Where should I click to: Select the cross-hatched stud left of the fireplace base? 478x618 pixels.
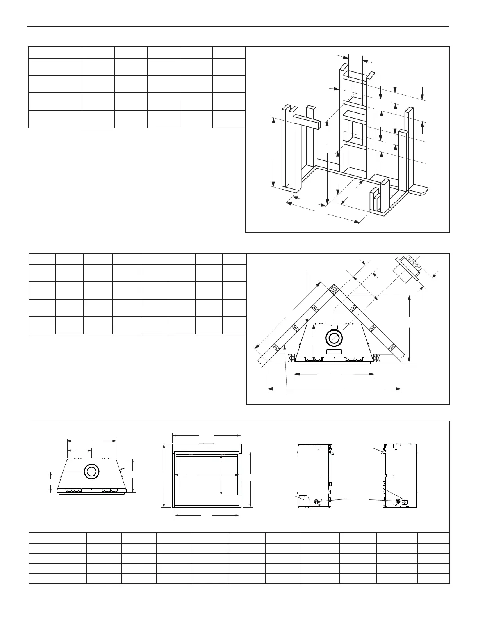tap(291, 357)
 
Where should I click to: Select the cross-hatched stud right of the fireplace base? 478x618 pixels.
tap(377, 357)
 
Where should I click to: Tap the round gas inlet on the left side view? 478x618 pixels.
tap(317, 501)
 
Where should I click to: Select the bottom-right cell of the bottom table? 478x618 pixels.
tap(433, 578)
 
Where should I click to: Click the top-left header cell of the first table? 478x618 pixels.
tap(55, 52)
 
